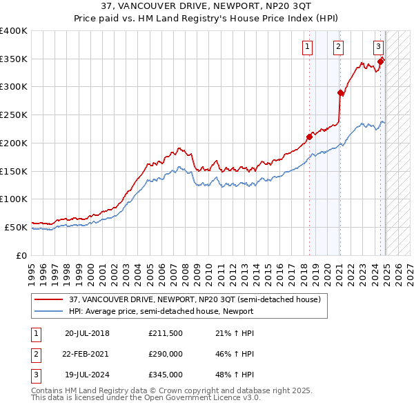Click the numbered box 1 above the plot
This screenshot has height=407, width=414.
[306, 47]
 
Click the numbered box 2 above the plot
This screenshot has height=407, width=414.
[339, 47]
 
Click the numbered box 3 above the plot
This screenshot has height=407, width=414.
[379, 47]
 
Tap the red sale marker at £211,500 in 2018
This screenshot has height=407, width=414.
[309, 137]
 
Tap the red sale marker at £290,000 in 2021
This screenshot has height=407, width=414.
[340, 92]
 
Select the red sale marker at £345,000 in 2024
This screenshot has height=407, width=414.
[380, 61]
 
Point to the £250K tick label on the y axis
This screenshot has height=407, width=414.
[14, 115]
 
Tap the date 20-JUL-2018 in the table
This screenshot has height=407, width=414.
[87, 333]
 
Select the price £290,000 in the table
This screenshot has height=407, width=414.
[165, 354]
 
